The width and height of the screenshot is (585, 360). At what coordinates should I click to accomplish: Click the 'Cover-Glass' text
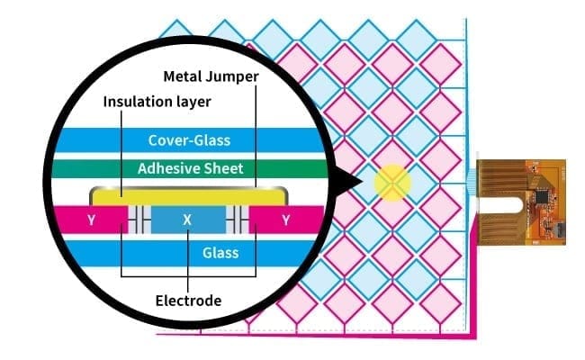coord(189,139)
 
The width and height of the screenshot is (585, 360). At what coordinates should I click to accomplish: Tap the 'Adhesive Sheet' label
coord(189,168)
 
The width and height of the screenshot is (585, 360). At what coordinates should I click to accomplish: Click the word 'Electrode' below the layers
coord(187,300)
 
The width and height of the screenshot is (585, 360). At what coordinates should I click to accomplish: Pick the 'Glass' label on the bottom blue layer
coord(220,253)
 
